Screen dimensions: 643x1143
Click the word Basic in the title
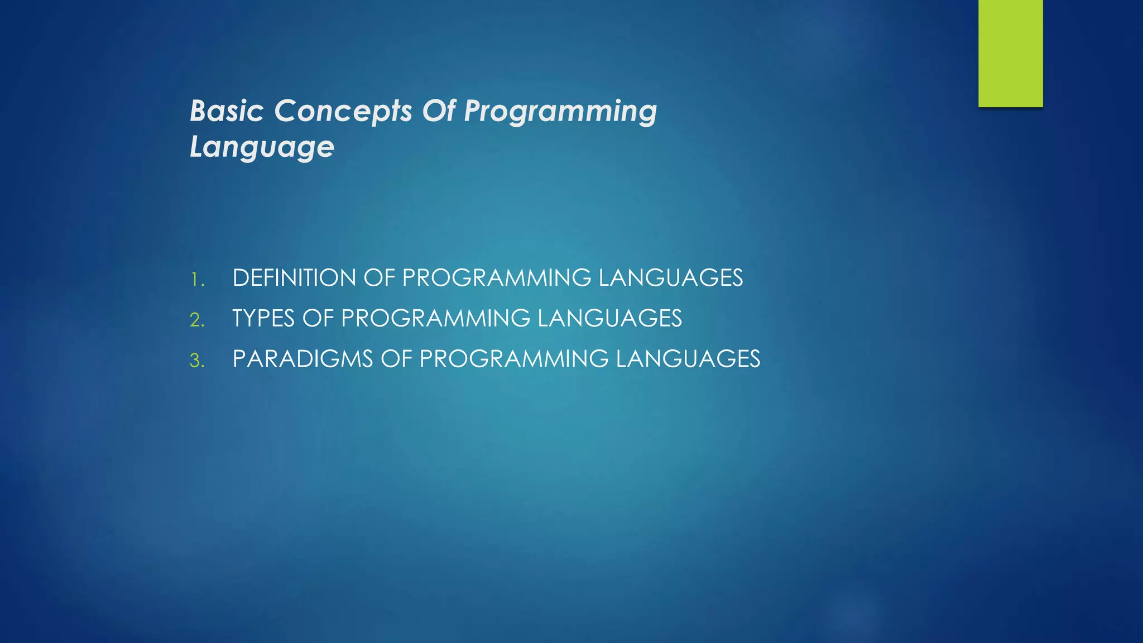coord(226,111)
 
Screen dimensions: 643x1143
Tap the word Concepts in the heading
coord(343,112)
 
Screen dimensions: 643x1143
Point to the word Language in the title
coord(262,148)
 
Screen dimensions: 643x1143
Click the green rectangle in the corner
coord(1010,53)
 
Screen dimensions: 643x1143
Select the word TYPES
coord(263,319)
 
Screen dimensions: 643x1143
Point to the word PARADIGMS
coord(302,359)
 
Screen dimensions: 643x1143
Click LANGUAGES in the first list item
coord(670,278)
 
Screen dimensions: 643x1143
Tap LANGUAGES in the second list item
coord(609,319)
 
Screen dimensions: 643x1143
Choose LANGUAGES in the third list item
coord(688,359)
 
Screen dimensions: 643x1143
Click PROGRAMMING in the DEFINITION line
coord(496,278)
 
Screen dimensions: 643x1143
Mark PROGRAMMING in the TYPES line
coord(435,319)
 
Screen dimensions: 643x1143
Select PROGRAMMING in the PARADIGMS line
coord(513,359)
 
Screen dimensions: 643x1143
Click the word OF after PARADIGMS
coord(396,359)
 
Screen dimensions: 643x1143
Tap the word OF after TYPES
coord(318,319)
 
